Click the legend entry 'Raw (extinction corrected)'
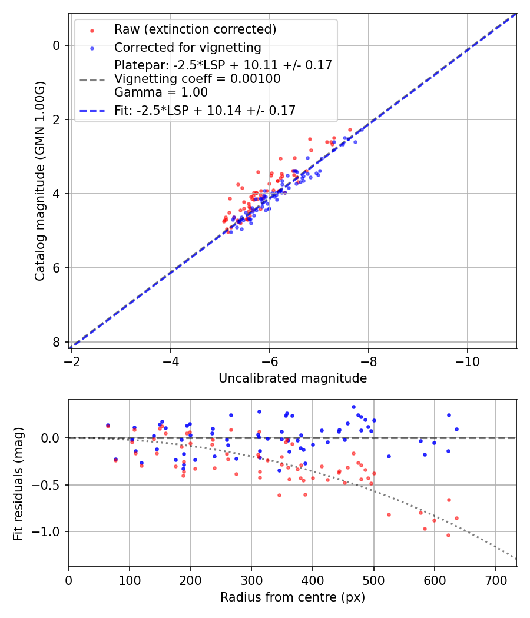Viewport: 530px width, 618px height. coord(195,29)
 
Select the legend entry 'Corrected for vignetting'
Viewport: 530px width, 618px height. coord(187,47)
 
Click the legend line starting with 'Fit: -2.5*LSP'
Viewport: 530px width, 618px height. coord(205,110)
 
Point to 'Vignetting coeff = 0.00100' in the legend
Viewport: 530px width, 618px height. coord(197,79)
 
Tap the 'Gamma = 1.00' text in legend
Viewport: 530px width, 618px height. coord(161,92)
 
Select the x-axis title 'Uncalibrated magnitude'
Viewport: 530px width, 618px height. coord(293,378)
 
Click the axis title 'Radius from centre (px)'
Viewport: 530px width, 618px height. coord(293,597)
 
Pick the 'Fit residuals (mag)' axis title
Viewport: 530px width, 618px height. coord(18,483)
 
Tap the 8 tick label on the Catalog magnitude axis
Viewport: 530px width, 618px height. coord(57,342)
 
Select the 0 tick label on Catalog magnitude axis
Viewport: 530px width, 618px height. coord(57,45)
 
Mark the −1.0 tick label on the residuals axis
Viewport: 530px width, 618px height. coord(49,531)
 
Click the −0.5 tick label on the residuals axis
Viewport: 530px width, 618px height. coord(49,485)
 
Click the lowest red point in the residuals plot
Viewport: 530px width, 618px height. coord(448,535)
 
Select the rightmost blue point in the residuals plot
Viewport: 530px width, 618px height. coord(456,429)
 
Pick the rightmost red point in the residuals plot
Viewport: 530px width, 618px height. coord(456,518)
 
